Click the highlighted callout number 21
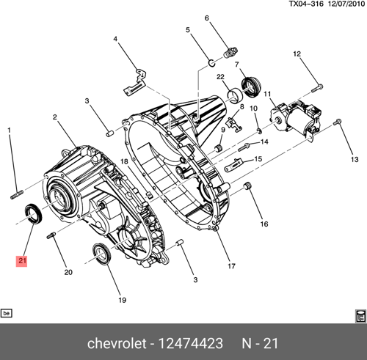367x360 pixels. [x=22, y=260]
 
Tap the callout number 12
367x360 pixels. [x=297, y=54]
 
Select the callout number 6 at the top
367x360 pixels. [x=207, y=18]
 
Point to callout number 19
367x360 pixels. [x=123, y=300]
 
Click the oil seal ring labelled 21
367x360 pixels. [x=34, y=213]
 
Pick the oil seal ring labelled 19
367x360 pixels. [x=102, y=254]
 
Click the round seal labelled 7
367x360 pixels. [x=251, y=87]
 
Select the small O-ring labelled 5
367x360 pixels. [x=212, y=63]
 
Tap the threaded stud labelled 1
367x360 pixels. [x=17, y=195]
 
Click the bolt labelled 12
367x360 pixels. [x=317, y=88]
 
